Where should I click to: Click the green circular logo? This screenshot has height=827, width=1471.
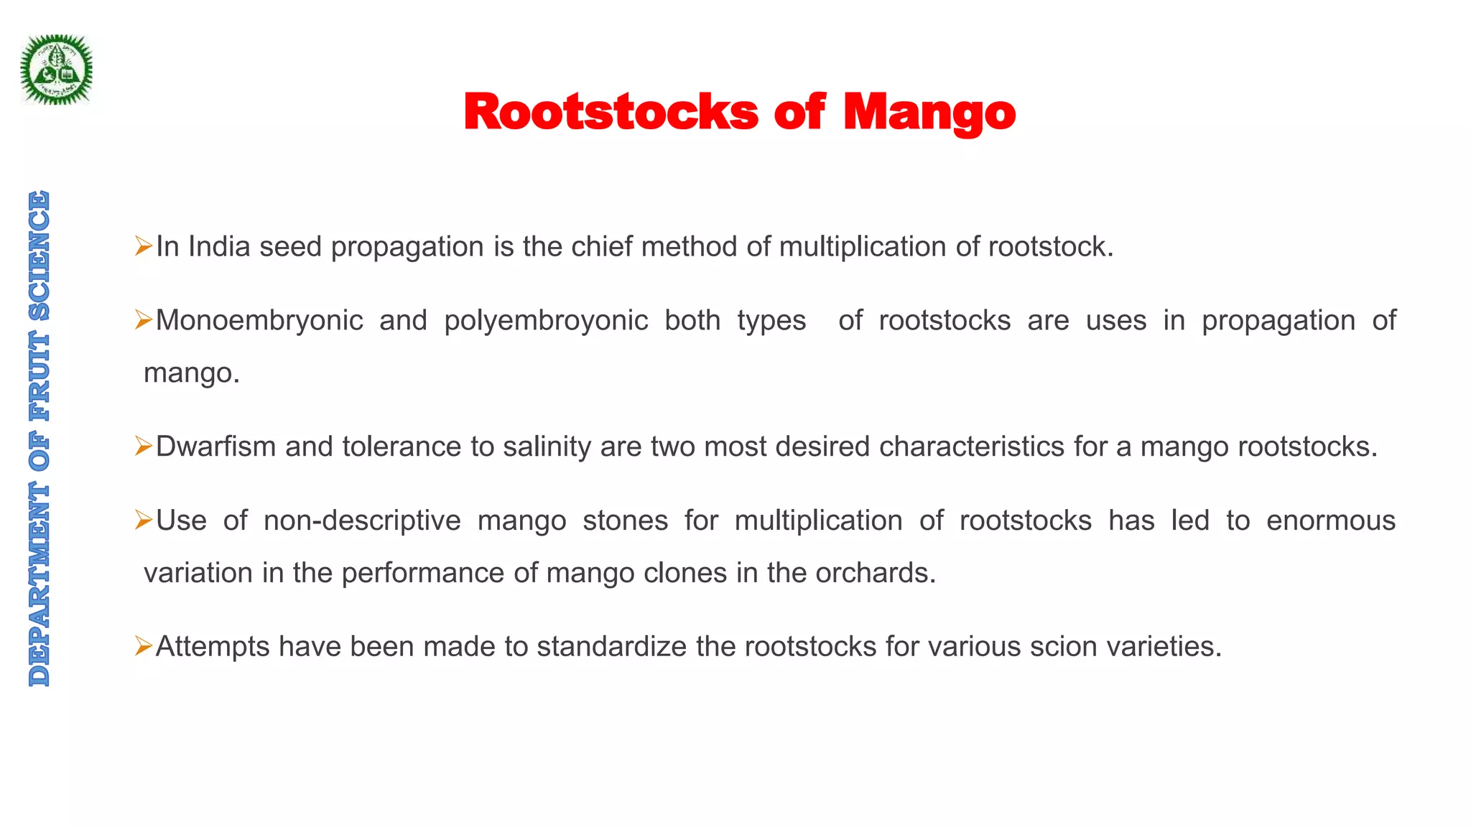(x=56, y=70)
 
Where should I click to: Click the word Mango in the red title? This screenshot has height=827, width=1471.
(x=929, y=113)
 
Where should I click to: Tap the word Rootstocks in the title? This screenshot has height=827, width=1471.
(x=611, y=113)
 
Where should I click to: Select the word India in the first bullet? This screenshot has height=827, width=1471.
(x=219, y=247)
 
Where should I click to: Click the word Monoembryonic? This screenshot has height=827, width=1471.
(x=259, y=321)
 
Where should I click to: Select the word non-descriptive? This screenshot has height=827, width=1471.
(x=362, y=520)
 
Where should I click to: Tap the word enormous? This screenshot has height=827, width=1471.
(x=1330, y=520)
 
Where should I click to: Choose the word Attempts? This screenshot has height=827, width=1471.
(x=213, y=647)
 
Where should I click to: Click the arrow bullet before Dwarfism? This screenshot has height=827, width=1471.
(x=143, y=447)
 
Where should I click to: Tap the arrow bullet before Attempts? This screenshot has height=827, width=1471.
(x=143, y=647)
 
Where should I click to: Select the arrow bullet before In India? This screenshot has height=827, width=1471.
(x=143, y=247)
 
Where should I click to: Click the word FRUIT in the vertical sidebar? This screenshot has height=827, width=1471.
(x=40, y=378)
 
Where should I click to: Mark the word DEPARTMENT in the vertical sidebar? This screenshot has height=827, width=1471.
(x=40, y=584)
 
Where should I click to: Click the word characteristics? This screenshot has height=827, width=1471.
(x=972, y=447)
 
